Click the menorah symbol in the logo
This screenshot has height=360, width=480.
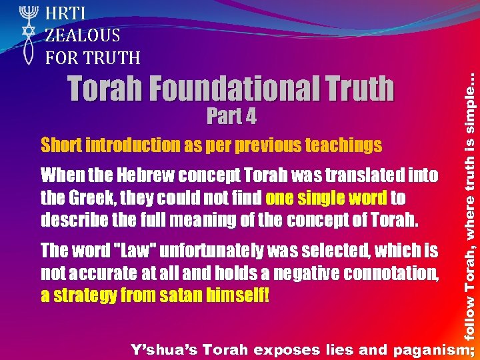point(28,14)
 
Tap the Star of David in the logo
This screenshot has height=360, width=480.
point(28,34)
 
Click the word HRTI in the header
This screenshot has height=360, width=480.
point(64,12)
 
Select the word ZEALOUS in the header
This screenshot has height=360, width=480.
point(83,35)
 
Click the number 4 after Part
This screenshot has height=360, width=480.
point(249,117)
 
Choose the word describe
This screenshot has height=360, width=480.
point(69,220)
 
